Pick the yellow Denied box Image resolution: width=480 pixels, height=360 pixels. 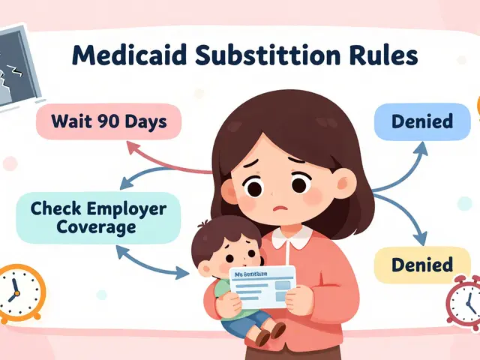(422, 264)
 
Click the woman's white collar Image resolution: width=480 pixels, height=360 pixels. (292, 238)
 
